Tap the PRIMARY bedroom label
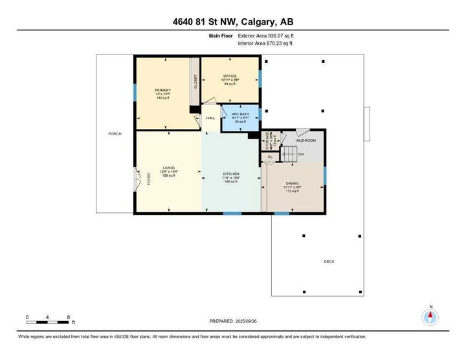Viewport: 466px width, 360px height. click(162, 90)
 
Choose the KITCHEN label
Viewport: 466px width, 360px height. click(231, 174)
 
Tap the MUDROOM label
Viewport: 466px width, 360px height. click(305, 140)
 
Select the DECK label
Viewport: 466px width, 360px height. click(329, 262)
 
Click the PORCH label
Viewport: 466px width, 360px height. click(115, 133)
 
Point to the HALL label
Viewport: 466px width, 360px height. click(210, 118)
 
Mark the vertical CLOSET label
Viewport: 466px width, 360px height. click(195, 82)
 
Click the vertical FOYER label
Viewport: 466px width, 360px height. click(148, 179)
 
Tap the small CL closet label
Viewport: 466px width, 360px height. click(270, 157)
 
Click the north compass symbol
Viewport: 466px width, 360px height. click(430, 317)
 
